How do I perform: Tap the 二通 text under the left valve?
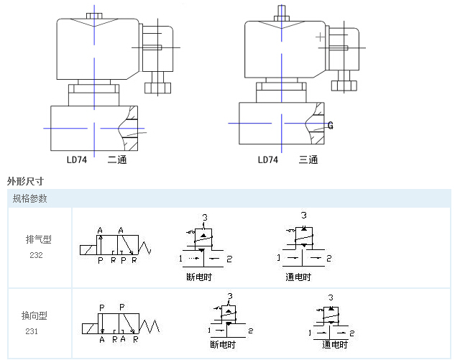[x=117, y=160]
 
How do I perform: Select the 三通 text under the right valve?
[x=308, y=160]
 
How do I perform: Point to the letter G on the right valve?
[x=331, y=126]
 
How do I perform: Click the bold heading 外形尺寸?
[x=25, y=181]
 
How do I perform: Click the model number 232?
[x=36, y=255]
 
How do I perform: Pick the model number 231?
[x=33, y=331]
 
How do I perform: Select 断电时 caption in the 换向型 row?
[x=224, y=345]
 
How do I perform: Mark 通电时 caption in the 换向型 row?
[x=335, y=345]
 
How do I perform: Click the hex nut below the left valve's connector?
[x=158, y=88]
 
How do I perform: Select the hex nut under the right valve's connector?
[x=344, y=86]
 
